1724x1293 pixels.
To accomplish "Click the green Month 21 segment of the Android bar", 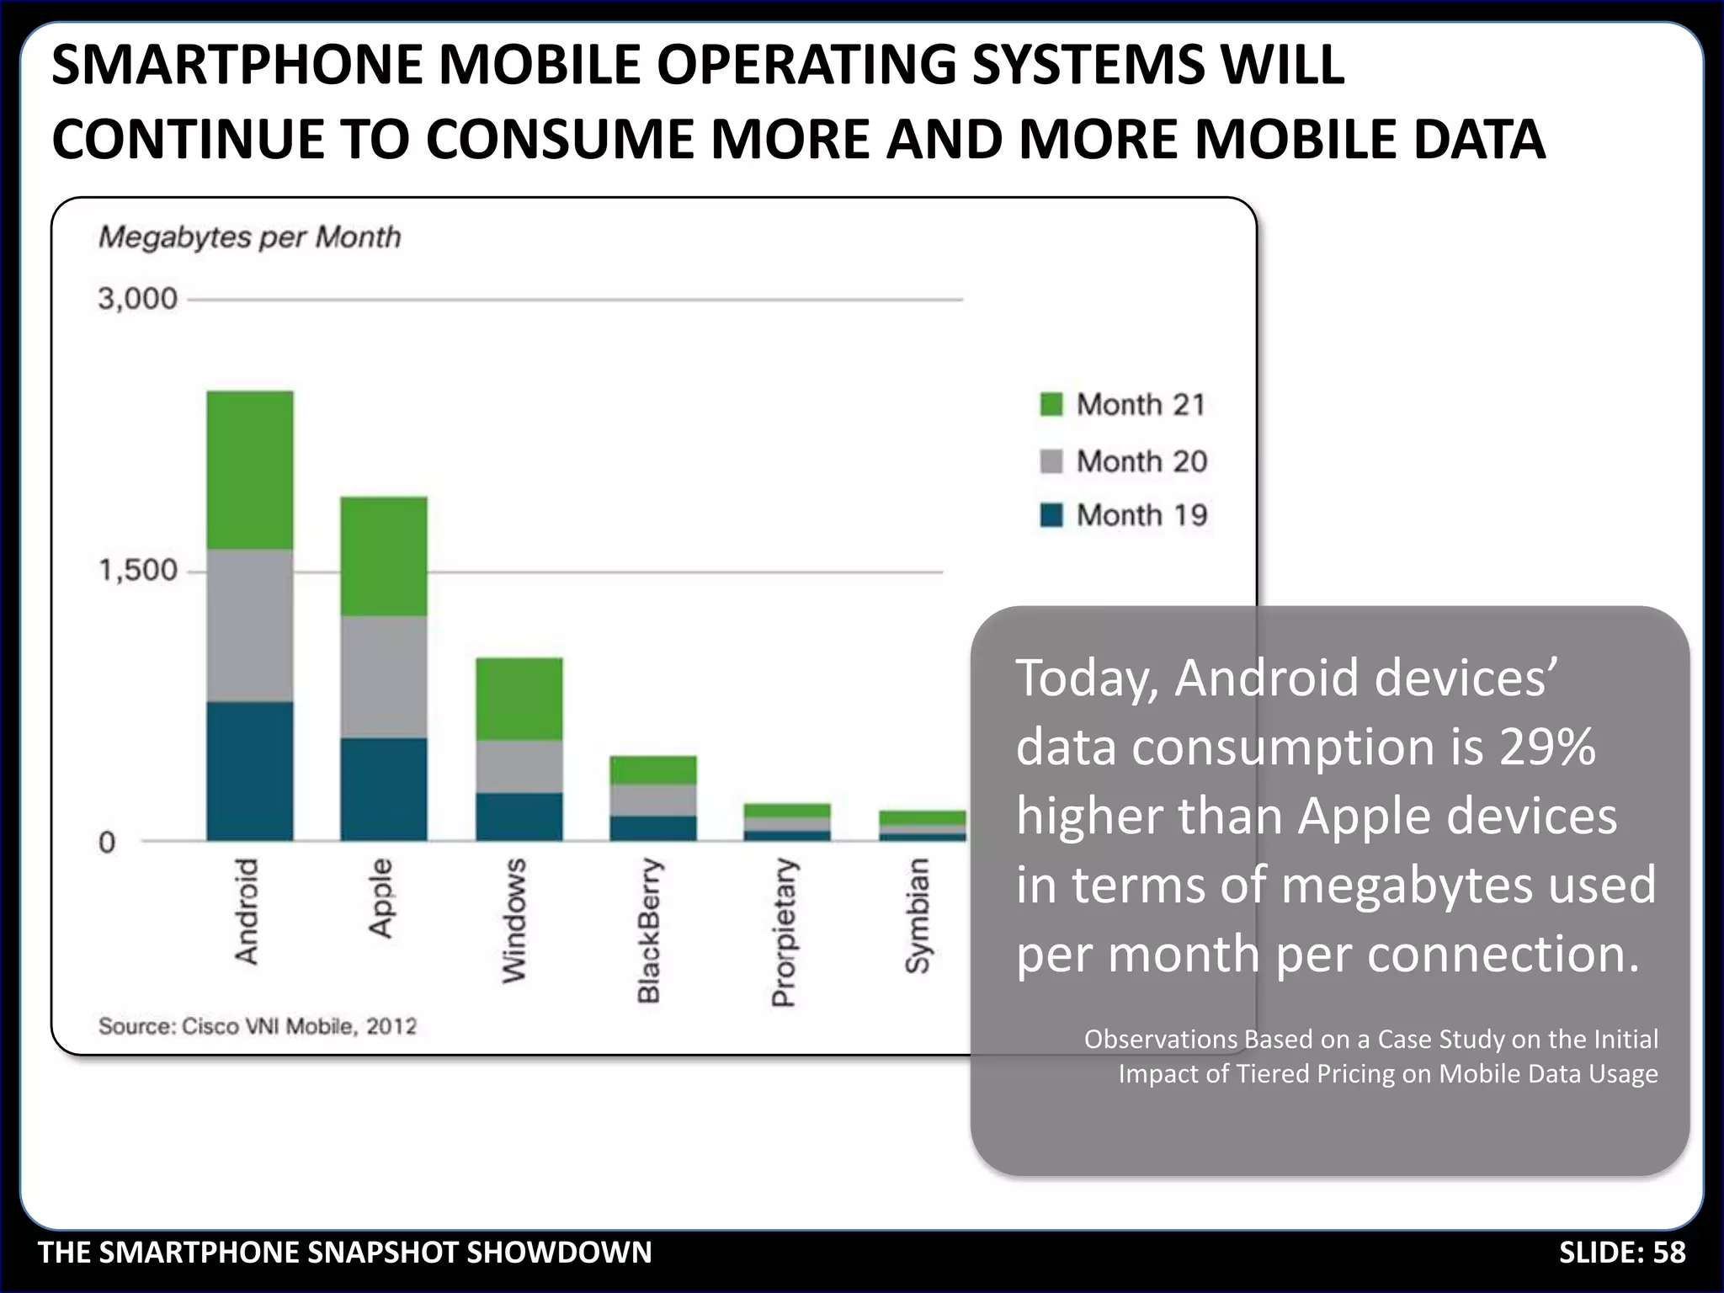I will coord(250,470).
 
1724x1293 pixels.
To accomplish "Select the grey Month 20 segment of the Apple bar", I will coord(383,676).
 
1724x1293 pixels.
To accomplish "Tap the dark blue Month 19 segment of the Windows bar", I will coord(519,816).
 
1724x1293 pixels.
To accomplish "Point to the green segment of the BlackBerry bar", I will coord(653,770).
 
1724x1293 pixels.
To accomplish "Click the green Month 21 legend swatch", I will coord(1051,404).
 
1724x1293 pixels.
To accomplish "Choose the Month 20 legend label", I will coord(1141,461).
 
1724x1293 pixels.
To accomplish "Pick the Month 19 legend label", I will coord(1141,515).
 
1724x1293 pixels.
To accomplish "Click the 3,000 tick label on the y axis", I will coord(138,299).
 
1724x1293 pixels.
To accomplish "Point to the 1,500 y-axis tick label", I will coord(138,571).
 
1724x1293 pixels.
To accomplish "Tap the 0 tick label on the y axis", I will coord(107,842).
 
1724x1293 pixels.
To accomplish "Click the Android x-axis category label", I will coord(246,912).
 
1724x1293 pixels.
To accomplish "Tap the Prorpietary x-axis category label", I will coord(783,933).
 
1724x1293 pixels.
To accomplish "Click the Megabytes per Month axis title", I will coord(249,237).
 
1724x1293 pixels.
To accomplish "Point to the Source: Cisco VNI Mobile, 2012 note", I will coord(258,1026).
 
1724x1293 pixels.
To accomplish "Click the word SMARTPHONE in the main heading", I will coord(236,65).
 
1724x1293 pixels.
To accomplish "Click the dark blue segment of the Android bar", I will coord(250,770).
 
